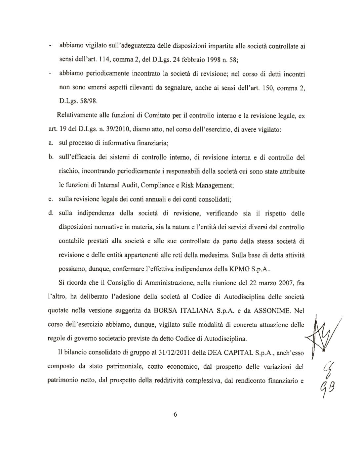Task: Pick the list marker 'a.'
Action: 51,143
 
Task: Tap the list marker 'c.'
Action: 51,200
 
